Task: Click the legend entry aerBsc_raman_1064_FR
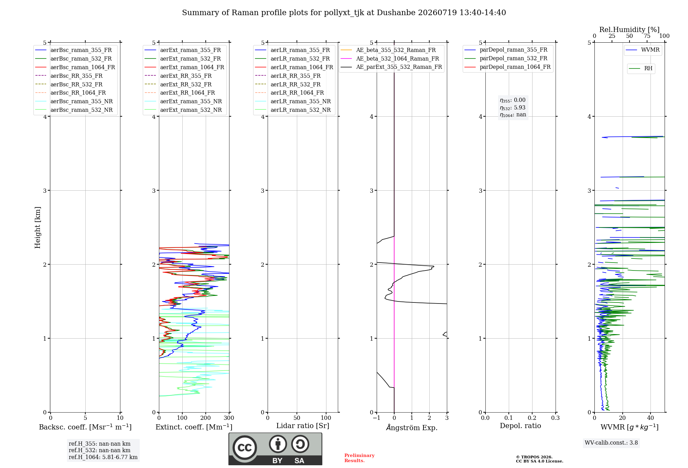pyautogui.click(x=75, y=67)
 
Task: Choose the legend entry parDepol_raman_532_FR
pyautogui.click(x=506, y=58)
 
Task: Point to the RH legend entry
pyautogui.click(x=641, y=68)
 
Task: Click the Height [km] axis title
pyautogui.click(x=37, y=227)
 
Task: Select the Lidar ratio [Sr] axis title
pyautogui.click(x=303, y=426)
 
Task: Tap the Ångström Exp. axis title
pyautogui.click(x=412, y=427)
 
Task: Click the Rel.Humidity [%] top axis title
pyautogui.click(x=630, y=30)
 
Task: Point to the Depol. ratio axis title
pyautogui.click(x=520, y=426)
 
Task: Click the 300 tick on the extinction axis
pyautogui.click(x=229, y=418)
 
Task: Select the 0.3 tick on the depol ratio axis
pyautogui.click(x=556, y=418)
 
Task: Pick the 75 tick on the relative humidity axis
pyautogui.click(x=647, y=36)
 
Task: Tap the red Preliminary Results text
pyautogui.click(x=359, y=458)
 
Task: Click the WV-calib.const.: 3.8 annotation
pyautogui.click(x=611, y=443)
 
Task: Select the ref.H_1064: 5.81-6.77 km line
pyautogui.click(x=103, y=457)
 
